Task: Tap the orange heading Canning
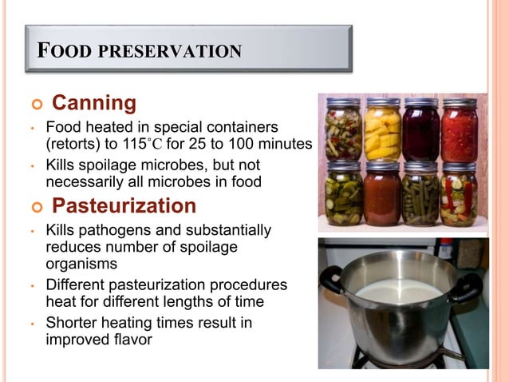tap(94, 104)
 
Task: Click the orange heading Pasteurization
tap(124, 206)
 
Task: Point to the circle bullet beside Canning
tap(34, 105)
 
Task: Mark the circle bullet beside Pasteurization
tap(34, 207)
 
